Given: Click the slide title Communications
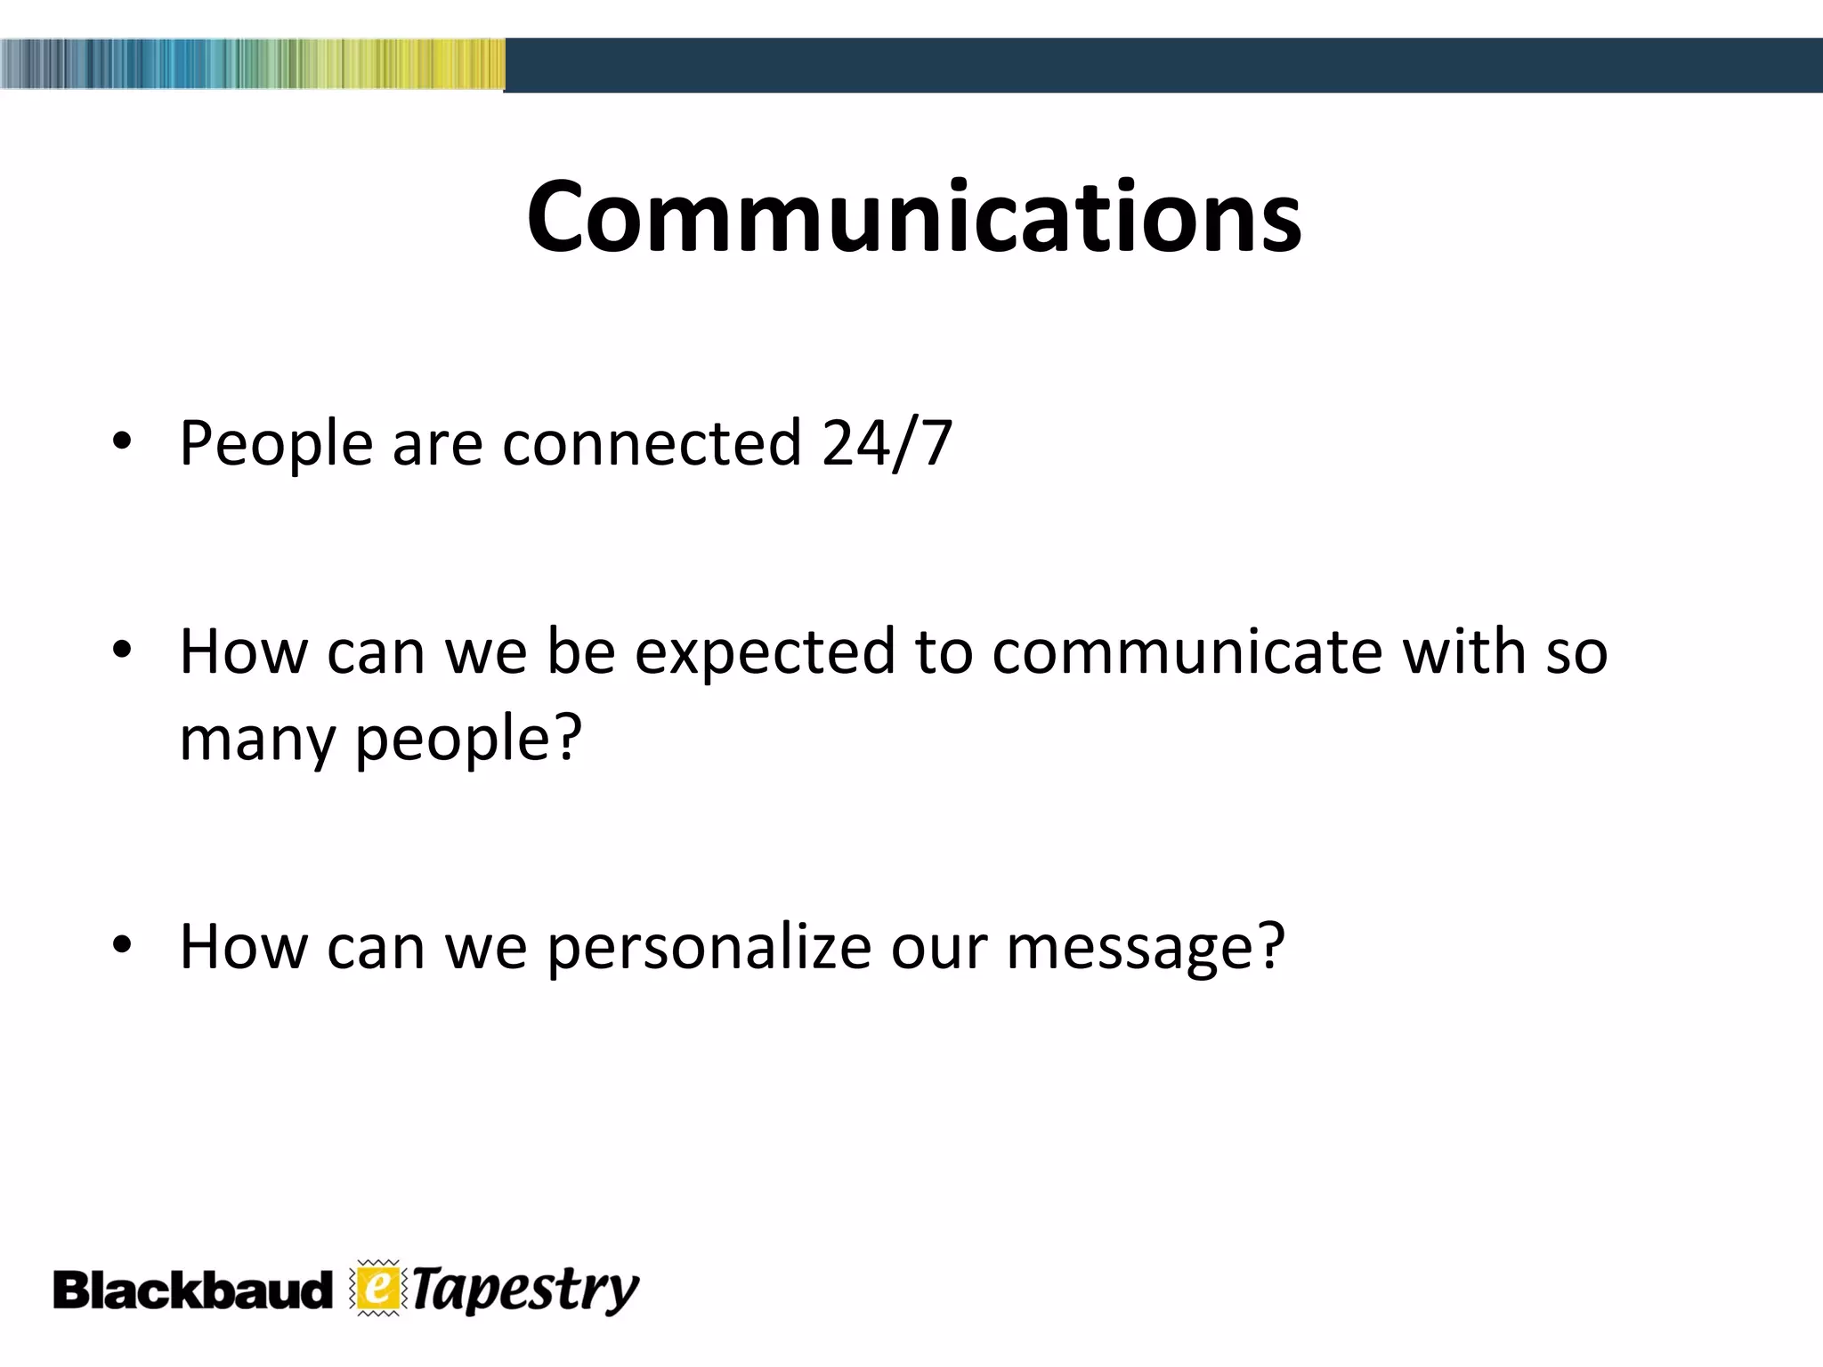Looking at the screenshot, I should [x=913, y=217].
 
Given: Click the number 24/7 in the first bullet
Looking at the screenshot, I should [x=887, y=442].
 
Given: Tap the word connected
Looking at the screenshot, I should [x=652, y=442].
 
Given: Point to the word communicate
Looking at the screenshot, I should [x=1187, y=651].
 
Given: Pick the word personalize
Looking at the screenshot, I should [x=709, y=947].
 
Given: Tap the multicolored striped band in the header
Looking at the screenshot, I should [x=252, y=64].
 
